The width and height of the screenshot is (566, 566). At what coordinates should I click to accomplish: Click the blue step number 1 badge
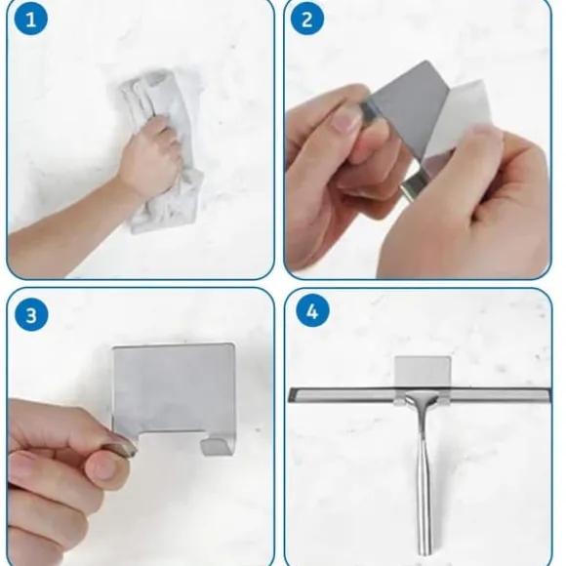[x=30, y=19]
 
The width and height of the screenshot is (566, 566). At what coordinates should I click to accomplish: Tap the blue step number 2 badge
[x=306, y=19]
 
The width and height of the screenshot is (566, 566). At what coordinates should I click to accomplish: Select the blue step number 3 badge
[x=31, y=314]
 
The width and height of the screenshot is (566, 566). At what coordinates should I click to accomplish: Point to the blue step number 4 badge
[x=312, y=311]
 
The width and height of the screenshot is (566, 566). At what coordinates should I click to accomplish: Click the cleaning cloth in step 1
[x=162, y=151]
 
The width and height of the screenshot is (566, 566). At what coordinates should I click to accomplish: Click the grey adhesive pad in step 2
[x=408, y=108]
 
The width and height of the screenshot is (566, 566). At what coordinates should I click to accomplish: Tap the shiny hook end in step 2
[x=415, y=185]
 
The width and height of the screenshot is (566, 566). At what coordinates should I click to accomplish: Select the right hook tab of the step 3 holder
[x=216, y=446]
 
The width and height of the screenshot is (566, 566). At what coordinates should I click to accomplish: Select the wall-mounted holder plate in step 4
[x=424, y=372]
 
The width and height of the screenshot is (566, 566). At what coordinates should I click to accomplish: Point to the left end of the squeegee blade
[x=291, y=394]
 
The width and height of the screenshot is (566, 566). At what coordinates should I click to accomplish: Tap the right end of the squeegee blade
[x=550, y=395]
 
